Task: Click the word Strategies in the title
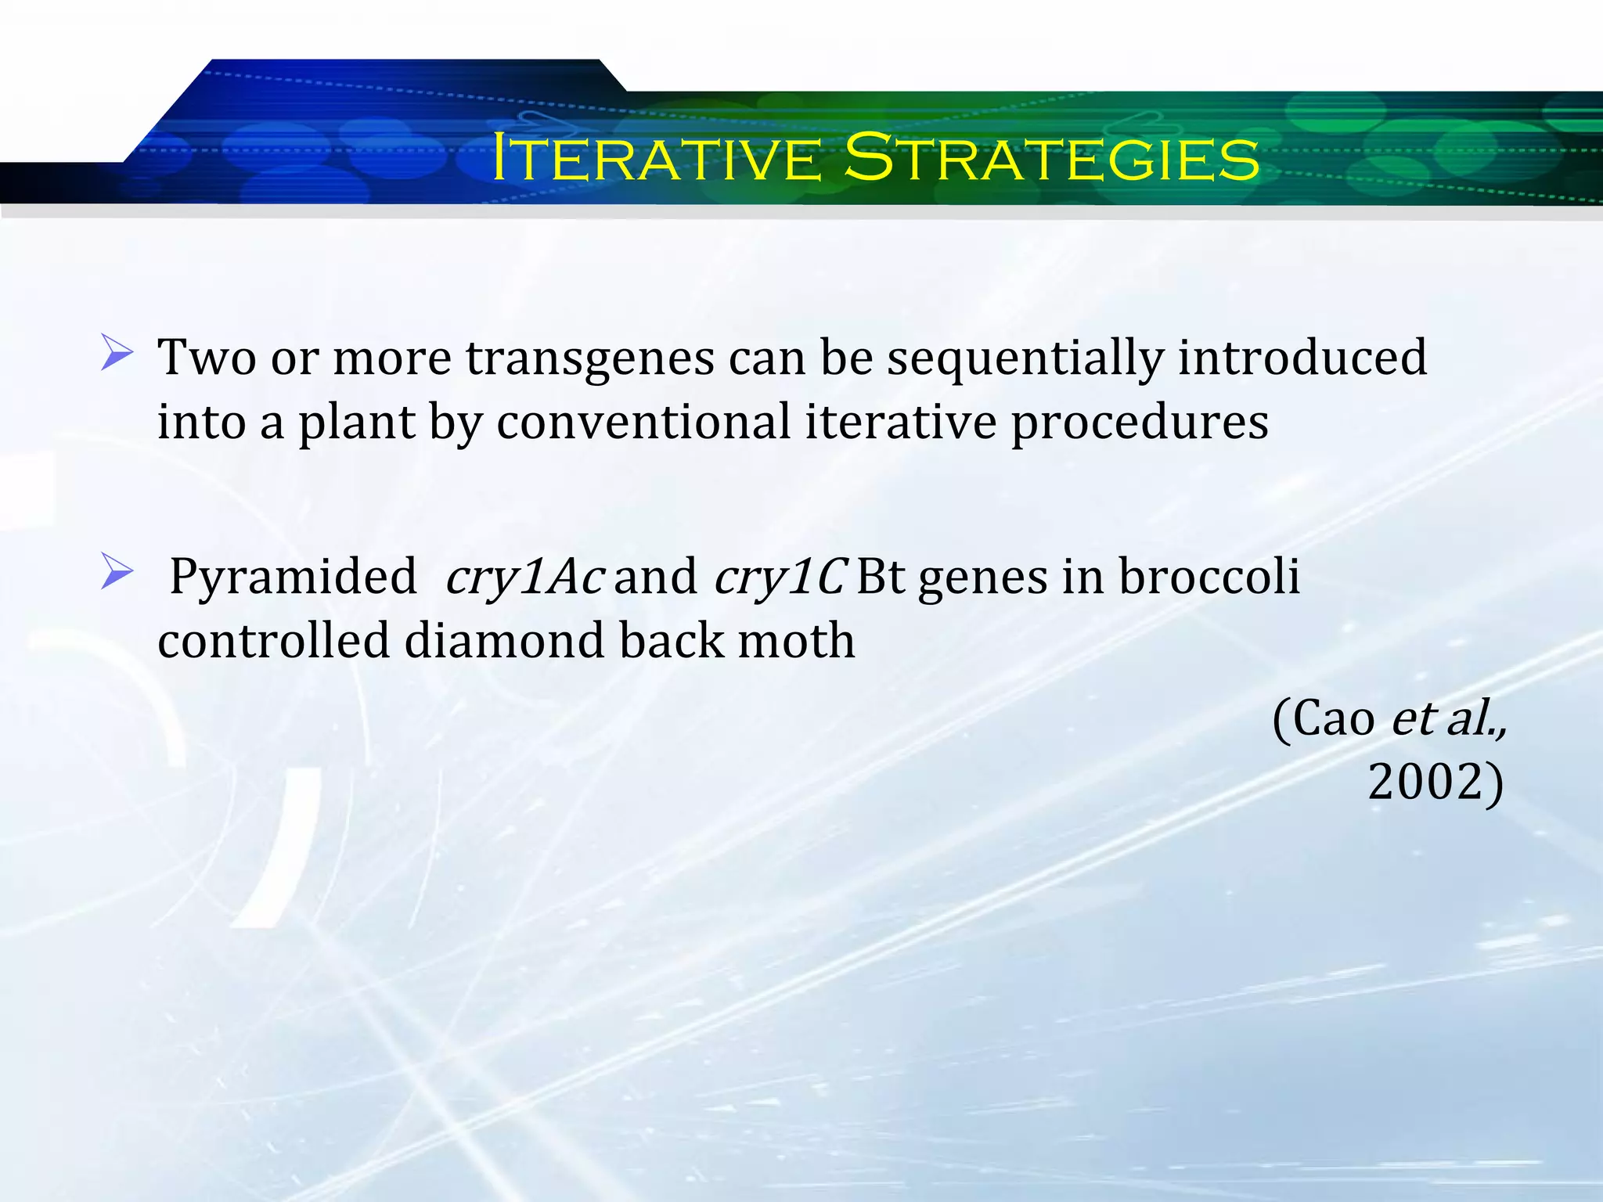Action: point(1052,158)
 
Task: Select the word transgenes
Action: point(590,358)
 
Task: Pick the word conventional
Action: point(643,423)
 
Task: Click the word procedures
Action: point(1140,424)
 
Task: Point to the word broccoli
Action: point(1209,578)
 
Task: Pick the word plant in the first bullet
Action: point(356,424)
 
